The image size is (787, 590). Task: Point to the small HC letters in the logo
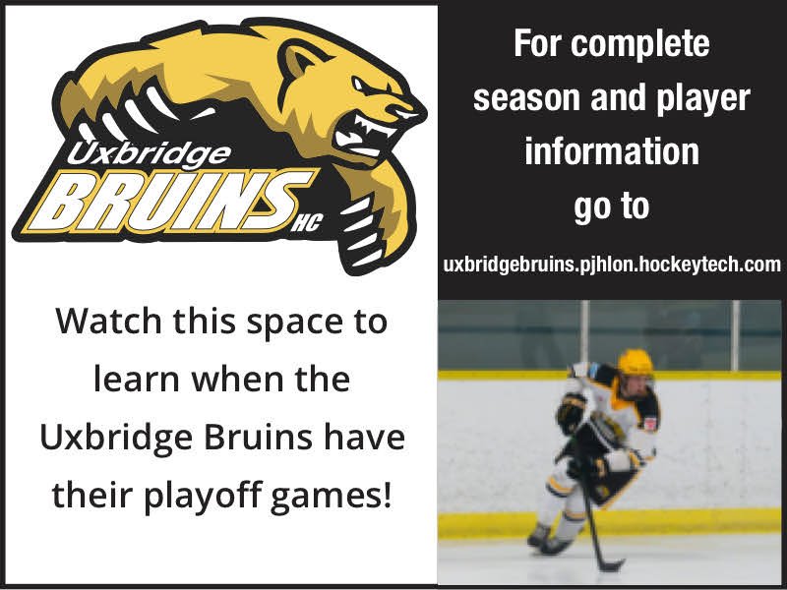click(306, 226)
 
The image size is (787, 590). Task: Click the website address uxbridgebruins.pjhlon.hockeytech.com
click(612, 265)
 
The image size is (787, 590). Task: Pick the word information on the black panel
click(611, 152)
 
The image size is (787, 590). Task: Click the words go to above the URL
click(611, 207)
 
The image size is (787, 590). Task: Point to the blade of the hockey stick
click(611, 565)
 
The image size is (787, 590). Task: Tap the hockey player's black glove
click(572, 410)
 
